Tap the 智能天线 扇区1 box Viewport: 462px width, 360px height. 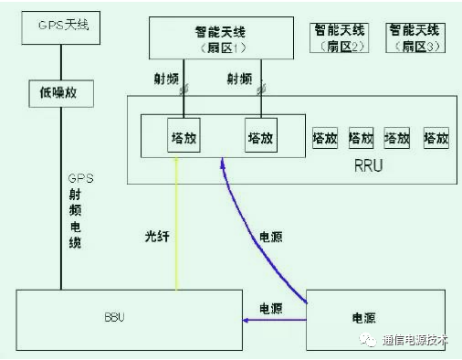coord(222,37)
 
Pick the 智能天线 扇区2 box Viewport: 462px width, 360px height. coord(341,36)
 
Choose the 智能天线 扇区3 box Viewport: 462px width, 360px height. coord(416,36)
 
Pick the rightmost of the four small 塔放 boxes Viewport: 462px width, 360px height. coord(435,138)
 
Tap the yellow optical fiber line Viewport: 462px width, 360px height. coord(178,219)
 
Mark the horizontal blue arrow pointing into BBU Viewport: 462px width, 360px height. coord(274,320)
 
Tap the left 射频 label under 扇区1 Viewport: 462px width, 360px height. coord(163,80)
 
